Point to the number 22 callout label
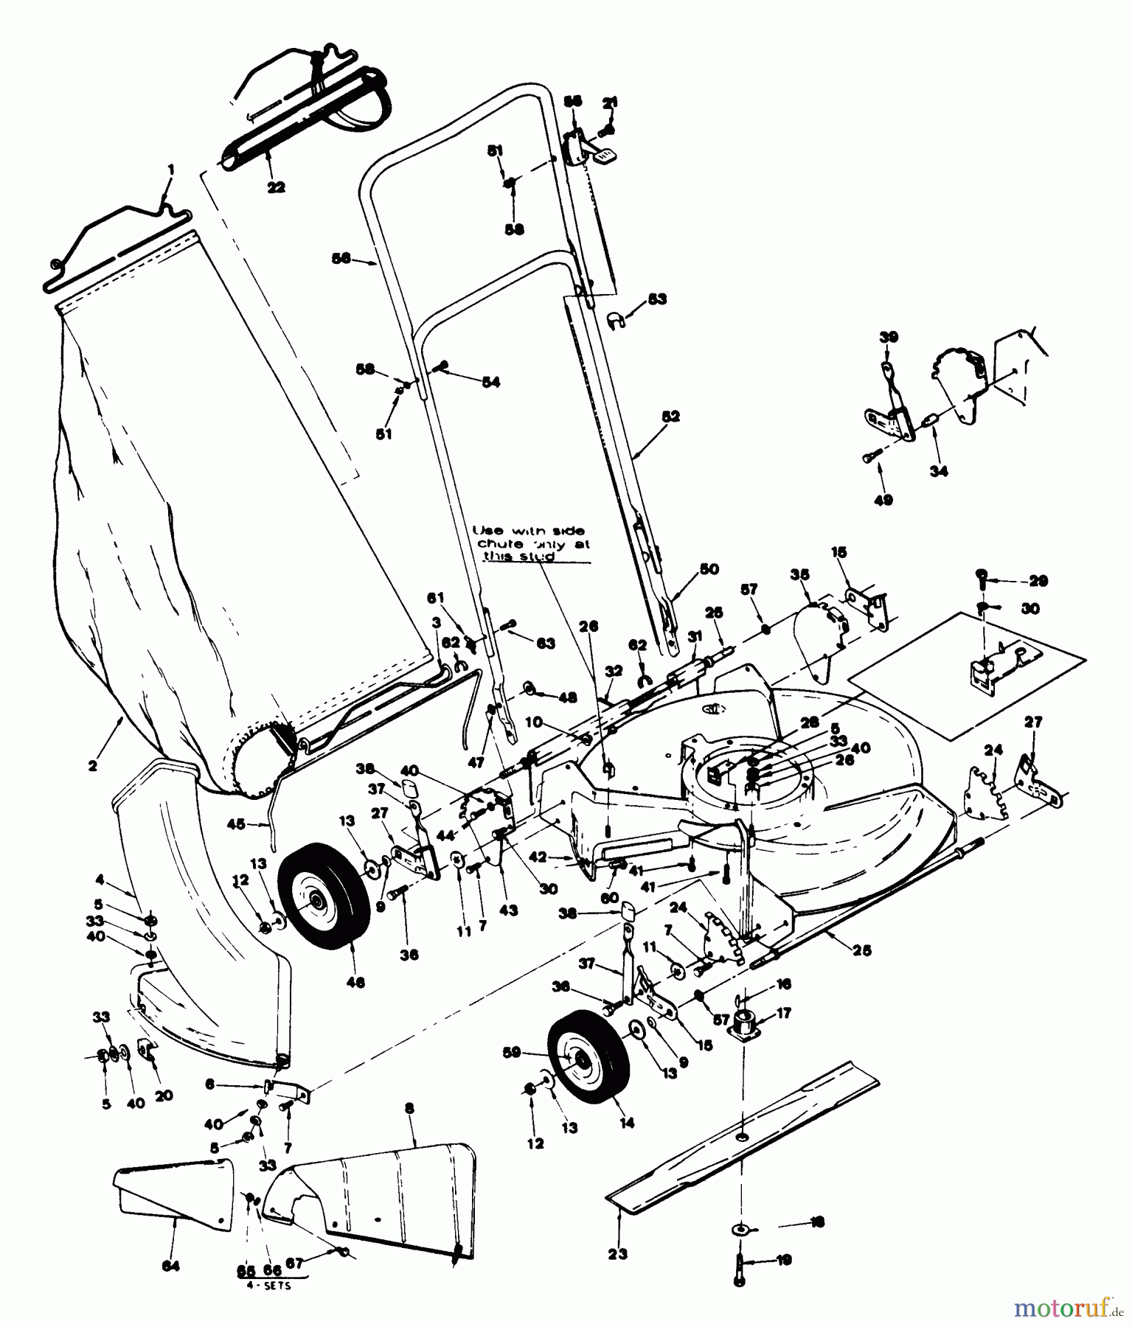275,187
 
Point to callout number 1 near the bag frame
171,169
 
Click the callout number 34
939,471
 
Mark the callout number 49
883,500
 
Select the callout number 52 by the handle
671,417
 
